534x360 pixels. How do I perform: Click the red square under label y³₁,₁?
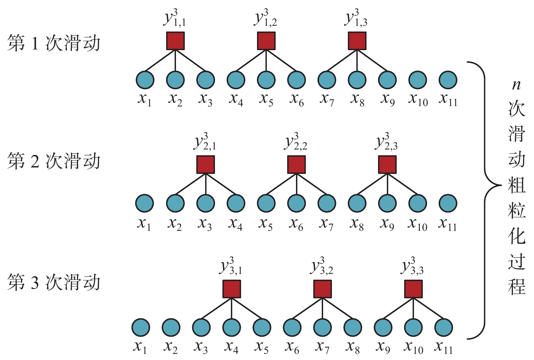pos(175,41)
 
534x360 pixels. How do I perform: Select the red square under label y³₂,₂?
pos(296,165)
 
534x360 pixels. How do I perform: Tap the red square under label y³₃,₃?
pos(413,289)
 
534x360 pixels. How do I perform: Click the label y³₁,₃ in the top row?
pos(356,18)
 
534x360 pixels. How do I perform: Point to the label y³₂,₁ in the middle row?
pos(205,142)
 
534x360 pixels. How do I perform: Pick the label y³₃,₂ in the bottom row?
pos(322,266)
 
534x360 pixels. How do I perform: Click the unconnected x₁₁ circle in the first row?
pos(448,80)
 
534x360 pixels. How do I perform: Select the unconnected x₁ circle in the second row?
pos(144,203)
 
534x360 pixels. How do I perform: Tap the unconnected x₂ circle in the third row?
pos(171,327)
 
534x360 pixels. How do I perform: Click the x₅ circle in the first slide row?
pos(266,80)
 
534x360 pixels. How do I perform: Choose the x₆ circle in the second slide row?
pos(296,203)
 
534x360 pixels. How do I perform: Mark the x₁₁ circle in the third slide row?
pos(443,327)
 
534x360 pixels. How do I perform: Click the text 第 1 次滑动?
pos(54,43)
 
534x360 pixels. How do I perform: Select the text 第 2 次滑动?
pos(54,161)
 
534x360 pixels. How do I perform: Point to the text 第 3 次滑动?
pos(54,282)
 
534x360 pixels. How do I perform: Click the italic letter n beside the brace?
pos(516,85)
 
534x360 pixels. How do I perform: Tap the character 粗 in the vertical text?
pos(516,185)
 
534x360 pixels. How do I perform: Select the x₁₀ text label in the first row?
pos(418,99)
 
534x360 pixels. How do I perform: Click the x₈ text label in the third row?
pos(352,347)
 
